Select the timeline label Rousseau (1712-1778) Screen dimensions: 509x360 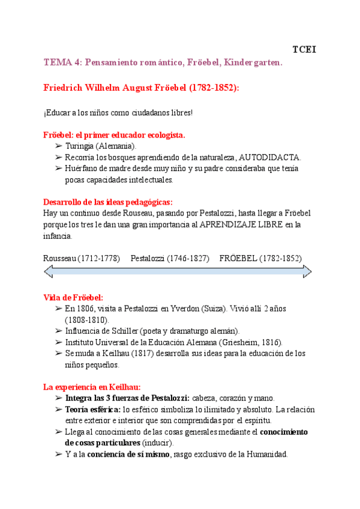pyautogui.click(x=82, y=258)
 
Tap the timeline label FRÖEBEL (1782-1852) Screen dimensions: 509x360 pyautogui.click(x=260, y=258)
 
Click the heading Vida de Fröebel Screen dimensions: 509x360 pyautogui.click(x=73, y=298)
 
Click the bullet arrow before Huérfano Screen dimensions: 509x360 pyautogui.click(x=58, y=169)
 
